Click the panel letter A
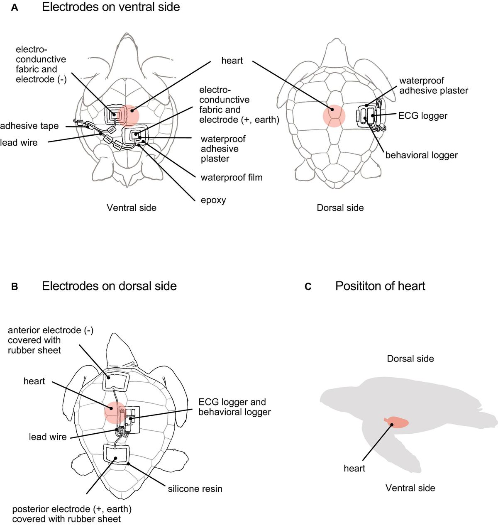click(15, 7)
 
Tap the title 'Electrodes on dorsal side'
click(109, 286)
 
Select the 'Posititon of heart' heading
click(380, 286)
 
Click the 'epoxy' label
click(213, 200)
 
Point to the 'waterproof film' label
click(232, 178)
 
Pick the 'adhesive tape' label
click(29, 126)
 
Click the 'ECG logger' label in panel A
click(422, 116)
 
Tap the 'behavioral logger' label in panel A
click(421, 155)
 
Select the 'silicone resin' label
click(195, 489)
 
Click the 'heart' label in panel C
click(354, 469)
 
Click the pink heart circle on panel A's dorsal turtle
click(334, 115)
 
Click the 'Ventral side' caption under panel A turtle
click(132, 208)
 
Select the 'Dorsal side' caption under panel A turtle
click(340, 208)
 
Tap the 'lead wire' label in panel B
click(48, 437)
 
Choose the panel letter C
click(308, 287)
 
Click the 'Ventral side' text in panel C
click(410, 488)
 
